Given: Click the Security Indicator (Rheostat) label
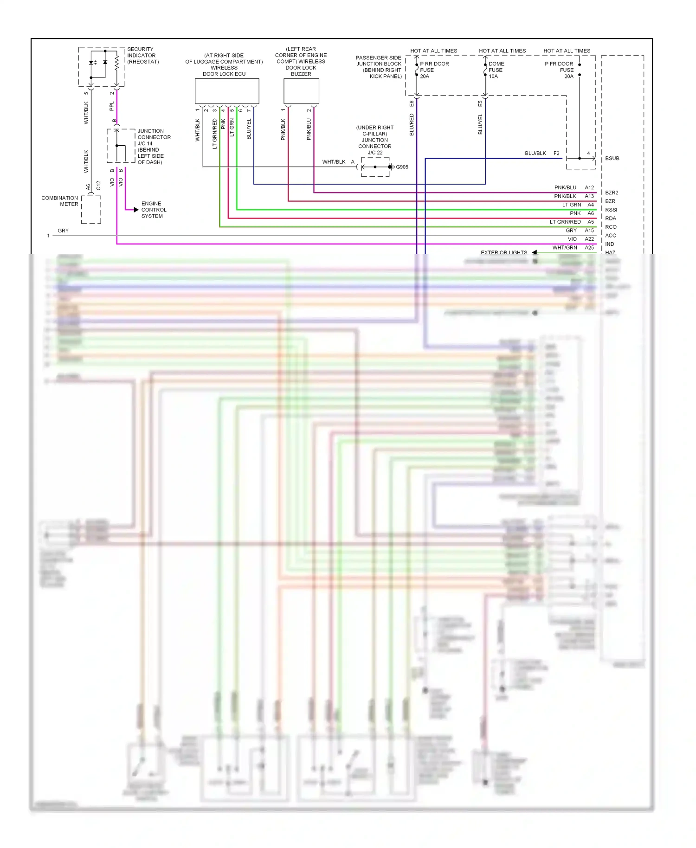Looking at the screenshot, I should pos(143,55).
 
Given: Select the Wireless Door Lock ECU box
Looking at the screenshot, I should pos(226,91).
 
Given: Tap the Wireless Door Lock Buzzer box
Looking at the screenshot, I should pos(301,91).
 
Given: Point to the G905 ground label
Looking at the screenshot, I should pos(402,167).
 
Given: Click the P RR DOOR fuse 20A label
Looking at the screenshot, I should pos(433,70).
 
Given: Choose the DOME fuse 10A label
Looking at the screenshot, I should pos(496,70).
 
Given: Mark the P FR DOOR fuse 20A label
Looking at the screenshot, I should pos(559,70).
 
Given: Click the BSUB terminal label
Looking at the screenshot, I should pos(612,159).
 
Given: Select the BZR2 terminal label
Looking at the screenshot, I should pos(612,193).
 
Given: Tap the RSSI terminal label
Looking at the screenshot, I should pos(611,210).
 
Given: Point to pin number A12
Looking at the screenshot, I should pos(589,187).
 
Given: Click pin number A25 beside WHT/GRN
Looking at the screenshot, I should pos(589,248).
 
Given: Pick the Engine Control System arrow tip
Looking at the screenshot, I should pos(136,210).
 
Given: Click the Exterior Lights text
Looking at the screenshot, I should pos(504,253).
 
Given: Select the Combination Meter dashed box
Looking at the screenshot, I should pos(91,209).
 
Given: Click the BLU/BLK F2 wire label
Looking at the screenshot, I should pos(541,153).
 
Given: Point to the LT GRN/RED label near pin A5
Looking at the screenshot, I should pos(565,222).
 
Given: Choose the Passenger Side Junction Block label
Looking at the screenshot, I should pos(379,67).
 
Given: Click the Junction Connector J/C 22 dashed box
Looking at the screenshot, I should pos(375,167).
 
